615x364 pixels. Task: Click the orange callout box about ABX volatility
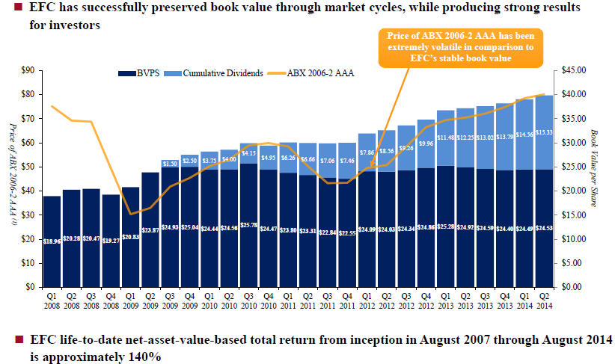pyautogui.click(x=449, y=47)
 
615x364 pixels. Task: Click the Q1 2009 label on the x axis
pyautogui.click(x=130, y=300)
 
